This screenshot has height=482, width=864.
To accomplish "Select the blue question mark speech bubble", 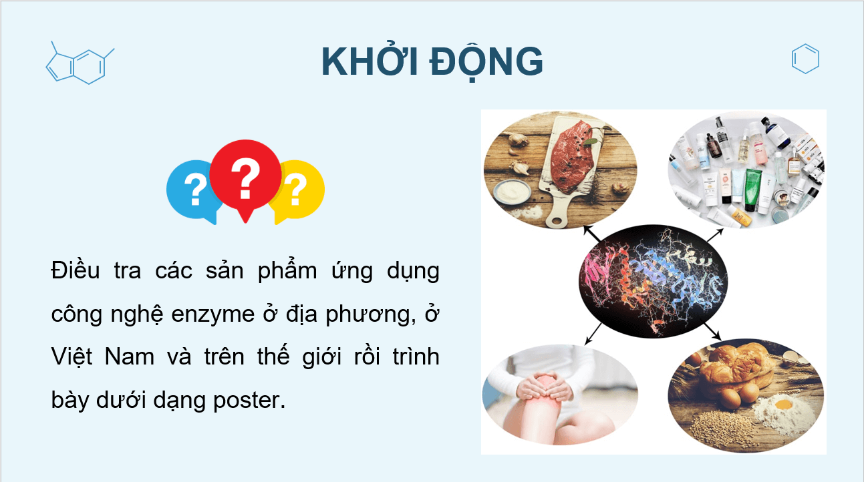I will point(193,190).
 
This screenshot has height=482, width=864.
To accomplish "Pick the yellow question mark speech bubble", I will point(297,190).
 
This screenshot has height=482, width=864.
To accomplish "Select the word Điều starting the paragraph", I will point(73,271).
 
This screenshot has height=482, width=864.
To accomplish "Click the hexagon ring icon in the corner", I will point(805,59).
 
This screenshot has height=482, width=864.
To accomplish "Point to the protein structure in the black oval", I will point(652,281).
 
